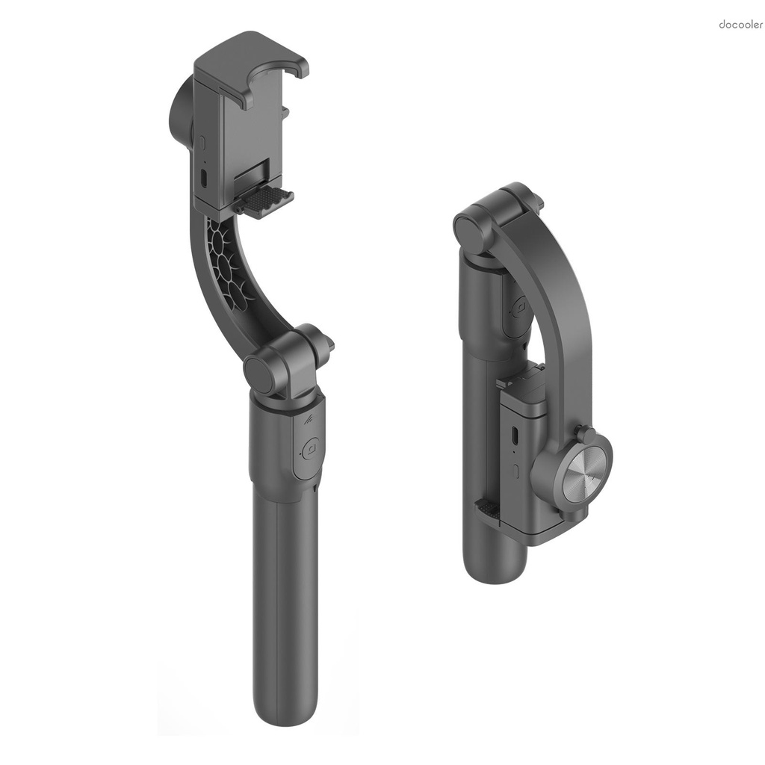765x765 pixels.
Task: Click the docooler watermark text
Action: coord(740,25)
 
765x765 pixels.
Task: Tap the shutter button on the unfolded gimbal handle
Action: coord(309,449)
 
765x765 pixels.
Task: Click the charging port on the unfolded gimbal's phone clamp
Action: coord(204,178)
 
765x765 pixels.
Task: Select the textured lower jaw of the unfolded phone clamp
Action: coord(267,200)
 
